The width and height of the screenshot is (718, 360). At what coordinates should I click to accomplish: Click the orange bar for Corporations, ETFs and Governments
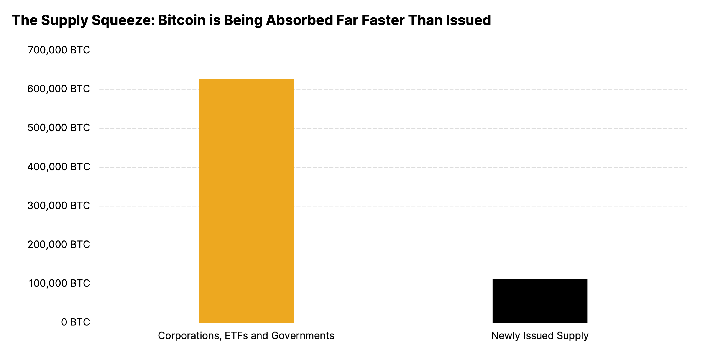click(x=246, y=201)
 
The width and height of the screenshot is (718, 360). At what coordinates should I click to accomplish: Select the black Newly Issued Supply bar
click(x=540, y=301)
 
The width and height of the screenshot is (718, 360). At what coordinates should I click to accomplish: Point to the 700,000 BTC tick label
click(x=59, y=50)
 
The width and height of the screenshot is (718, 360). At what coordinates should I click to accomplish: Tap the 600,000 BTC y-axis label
click(x=59, y=89)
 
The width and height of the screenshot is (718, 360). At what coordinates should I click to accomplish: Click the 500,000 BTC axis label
click(x=59, y=128)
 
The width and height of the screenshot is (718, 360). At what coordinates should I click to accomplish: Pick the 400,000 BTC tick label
click(x=59, y=167)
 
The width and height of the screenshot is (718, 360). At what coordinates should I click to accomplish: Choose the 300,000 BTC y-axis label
click(x=59, y=206)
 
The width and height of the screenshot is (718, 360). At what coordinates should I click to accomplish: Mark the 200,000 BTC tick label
click(x=59, y=245)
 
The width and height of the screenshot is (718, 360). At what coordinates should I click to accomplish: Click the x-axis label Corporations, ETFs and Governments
click(x=246, y=336)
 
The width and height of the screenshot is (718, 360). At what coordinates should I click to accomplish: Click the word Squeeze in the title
click(x=123, y=21)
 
